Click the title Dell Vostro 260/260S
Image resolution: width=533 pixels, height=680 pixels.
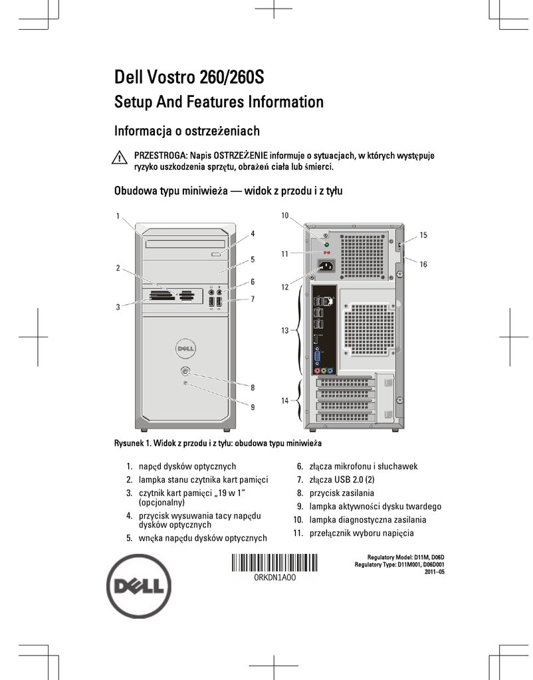click(189, 77)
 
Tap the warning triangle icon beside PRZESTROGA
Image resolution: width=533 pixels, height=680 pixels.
click(120, 158)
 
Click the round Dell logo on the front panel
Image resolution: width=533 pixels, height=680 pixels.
click(185, 348)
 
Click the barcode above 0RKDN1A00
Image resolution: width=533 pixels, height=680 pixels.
click(274, 562)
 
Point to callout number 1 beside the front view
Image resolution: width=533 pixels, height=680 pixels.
click(118, 216)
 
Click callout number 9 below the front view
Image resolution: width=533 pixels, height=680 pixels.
click(253, 407)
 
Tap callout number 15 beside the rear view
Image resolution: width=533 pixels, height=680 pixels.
click(423, 235)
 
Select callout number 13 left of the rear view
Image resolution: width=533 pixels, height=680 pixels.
click(285, 330)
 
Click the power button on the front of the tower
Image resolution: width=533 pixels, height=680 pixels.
click(185, 371)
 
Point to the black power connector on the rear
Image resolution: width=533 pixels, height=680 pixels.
click(327, 268)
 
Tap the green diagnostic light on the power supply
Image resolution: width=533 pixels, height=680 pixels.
click(326, 244)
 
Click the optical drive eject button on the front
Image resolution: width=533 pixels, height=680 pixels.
click(216, 254)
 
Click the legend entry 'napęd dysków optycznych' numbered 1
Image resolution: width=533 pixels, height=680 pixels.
click(187, 466)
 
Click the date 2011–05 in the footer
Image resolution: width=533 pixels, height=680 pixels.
click(433, 572)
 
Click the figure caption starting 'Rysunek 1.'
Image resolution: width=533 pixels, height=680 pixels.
click(218, 442)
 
